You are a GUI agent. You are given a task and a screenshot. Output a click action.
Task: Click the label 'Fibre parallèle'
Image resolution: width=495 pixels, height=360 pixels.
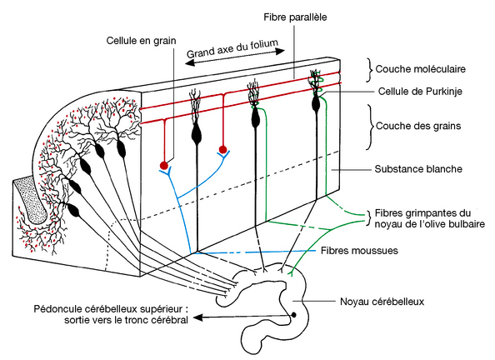[x=295, y=17]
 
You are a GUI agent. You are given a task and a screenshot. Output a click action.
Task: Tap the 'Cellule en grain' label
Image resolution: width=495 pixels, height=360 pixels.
[x=141, y=41]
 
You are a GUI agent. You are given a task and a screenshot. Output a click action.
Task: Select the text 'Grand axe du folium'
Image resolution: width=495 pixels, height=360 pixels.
[x=232, y=48]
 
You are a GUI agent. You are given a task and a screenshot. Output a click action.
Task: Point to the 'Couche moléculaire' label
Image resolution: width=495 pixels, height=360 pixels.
[x=421, y=69]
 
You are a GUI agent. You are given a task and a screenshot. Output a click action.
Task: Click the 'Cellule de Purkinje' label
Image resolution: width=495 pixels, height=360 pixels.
[x=420, y=92]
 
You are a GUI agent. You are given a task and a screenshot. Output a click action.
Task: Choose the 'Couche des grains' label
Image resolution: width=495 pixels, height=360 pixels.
[x=418, y=126]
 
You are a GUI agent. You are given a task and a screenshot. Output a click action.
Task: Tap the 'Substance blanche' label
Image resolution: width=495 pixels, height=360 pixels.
[x=418, y=168]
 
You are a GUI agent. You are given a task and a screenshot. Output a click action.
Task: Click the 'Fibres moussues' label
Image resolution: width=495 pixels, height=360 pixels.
[x=359, y=251]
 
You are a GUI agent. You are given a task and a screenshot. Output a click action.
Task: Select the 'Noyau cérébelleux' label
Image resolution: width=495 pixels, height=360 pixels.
[x=382, y=302]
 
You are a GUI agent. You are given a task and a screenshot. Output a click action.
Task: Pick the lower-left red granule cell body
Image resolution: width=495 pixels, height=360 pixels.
[x=163, y=165]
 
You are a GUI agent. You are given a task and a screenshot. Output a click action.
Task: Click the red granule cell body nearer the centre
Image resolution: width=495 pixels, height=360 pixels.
[x=222, y=149]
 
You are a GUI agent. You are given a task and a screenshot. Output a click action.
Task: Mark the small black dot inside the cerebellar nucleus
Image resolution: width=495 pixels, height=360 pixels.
[x=293, y=315]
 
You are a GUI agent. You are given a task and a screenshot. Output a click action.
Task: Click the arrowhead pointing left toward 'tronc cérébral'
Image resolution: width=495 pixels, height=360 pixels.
[x=197, y=317]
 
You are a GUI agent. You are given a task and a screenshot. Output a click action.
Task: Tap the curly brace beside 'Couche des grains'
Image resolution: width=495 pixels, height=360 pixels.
[x=370, y=127]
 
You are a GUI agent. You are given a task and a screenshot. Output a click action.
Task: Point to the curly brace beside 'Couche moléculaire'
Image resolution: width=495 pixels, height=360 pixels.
[x=369, y=70]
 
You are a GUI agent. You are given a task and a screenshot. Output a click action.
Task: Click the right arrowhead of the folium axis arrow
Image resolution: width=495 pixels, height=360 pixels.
[x=280, y=51]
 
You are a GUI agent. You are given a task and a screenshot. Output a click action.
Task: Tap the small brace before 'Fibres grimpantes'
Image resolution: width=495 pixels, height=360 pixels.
[x=370, y=218]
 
